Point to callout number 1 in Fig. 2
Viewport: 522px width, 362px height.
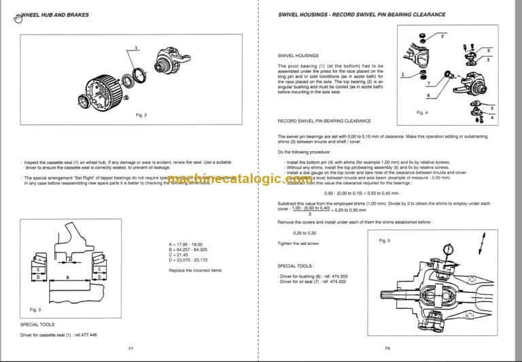click(137, 48)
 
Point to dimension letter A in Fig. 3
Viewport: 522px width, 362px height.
click(69, 259)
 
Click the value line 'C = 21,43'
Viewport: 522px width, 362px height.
click(178, 255)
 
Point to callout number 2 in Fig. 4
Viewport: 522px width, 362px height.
click(442, 35)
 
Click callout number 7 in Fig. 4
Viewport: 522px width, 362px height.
click(429, 83)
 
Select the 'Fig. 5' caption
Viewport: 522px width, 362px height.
click(385, 240)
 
